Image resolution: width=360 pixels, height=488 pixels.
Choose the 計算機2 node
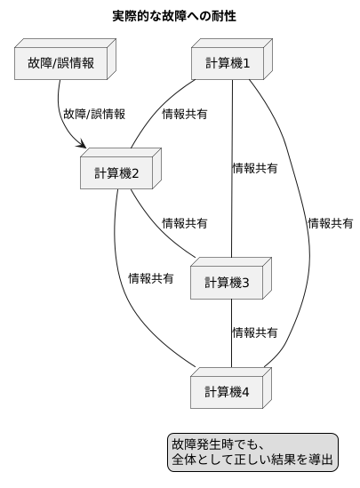point(117,172)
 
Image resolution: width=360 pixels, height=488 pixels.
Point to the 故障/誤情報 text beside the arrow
point(94,115)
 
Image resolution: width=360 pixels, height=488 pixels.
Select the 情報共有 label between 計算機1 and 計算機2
point(185,115)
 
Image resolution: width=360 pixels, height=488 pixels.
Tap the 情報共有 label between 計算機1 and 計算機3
point(255,169)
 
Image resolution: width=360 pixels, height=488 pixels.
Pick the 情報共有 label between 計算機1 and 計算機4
point(330,223)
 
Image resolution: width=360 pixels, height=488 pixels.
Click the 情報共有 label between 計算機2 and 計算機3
point(185,224)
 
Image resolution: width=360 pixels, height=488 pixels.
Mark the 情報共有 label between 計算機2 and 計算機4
point(151,278)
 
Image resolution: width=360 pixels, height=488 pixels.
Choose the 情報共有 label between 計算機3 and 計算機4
point(255,333)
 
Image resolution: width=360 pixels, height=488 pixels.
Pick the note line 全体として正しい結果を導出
point(252,460)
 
